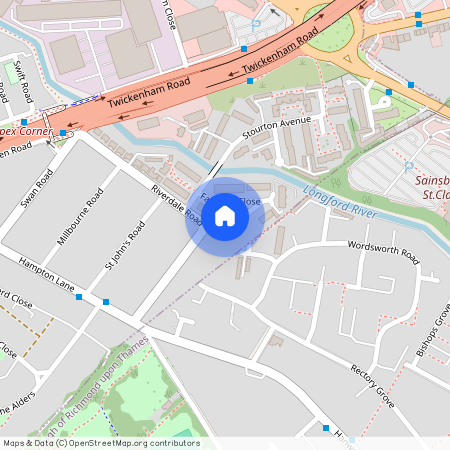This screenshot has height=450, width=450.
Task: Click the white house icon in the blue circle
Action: (x=224, y=214)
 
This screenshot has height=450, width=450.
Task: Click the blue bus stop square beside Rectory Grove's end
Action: (x=325, y=428)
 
